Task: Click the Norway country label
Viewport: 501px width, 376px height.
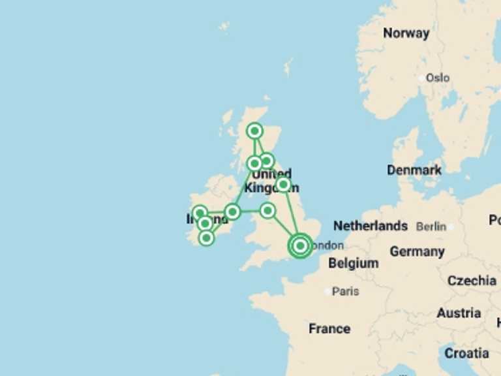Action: tap(406, 33)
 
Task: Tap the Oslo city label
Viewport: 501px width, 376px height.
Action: tap(437, 78)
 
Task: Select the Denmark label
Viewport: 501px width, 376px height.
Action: tap(414, 170)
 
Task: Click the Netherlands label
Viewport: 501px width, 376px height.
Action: tap(371, 226)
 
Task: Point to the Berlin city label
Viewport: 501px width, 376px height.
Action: tap(431, 227)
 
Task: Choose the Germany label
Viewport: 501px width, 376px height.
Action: tap(417, 251)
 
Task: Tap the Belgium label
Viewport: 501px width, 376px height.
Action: tap(353, 263)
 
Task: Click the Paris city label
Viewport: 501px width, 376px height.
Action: tap(345, 291)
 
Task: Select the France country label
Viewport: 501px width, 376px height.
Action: tap(329, 328)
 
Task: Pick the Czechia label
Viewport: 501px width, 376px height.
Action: tap(472, 281)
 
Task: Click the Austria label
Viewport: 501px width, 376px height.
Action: tap(459, 313)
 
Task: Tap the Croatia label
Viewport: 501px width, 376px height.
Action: tap(466, 353)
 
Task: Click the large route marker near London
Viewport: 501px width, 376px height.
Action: tap(299, 245)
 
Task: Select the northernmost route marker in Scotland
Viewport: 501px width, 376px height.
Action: tap(255, 131)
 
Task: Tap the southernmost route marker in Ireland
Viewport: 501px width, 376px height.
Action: tap(206, 238)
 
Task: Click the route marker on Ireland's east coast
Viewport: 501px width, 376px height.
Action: tap(232, 211)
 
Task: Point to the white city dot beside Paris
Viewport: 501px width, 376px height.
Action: tap(327, 291)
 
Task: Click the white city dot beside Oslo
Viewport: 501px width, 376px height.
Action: tap(421, 78)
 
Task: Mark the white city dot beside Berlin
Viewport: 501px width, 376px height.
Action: tap(450, 227)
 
